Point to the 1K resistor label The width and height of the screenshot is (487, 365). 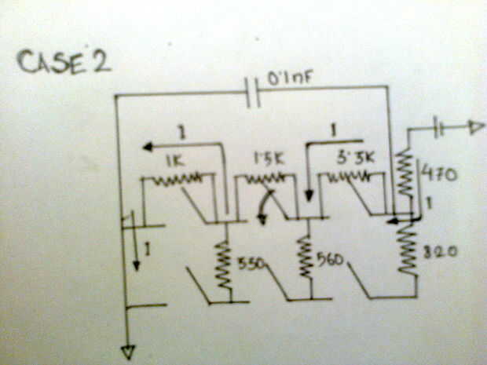pyautogui.click(x=174, y=161)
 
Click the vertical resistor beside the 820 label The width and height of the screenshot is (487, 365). pyautogui.click(x=408, y=248)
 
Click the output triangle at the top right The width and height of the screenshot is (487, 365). pyautogui.click(x=474, y=127)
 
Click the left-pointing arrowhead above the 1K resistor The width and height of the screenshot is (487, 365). pyautogui.click(x=147, y=146)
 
